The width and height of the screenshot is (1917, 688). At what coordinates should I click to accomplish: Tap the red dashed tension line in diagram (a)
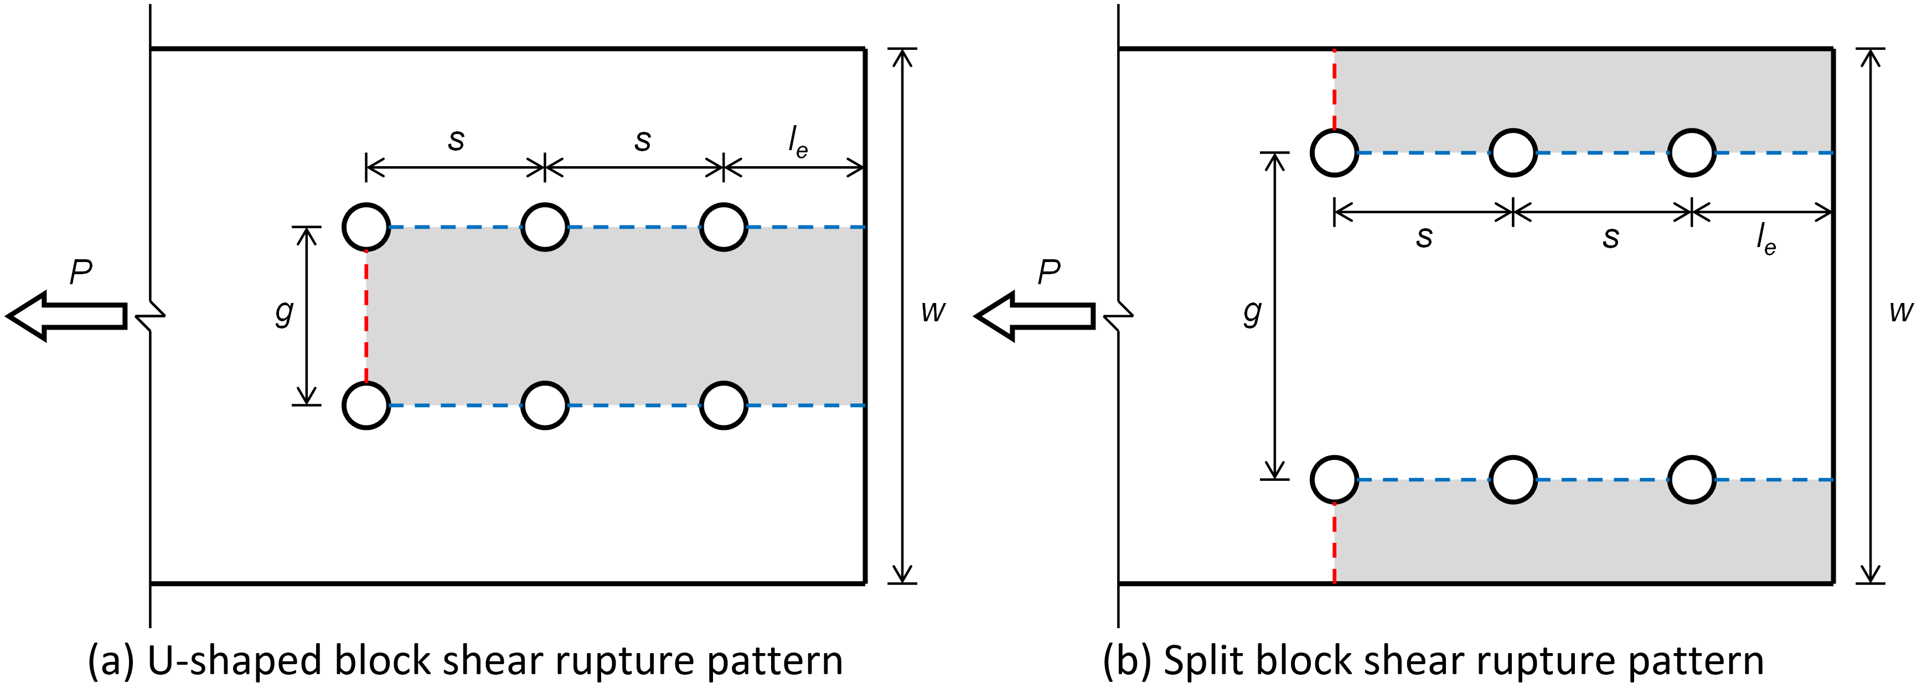(x=366, y=316)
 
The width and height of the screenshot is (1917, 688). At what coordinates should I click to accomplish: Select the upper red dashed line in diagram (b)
(x=1334, y=89)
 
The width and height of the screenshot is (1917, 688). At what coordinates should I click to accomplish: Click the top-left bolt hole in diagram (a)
(x=366, y=227)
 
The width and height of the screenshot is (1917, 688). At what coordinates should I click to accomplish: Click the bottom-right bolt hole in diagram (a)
(x=724, y=405)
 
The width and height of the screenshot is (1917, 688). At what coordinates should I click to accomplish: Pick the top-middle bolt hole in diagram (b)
(x=1512, y=153)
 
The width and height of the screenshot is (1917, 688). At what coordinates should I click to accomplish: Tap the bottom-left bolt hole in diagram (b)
(x=1334, y=480)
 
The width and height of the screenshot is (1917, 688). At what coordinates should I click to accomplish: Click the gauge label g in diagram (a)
(x=283, y=313)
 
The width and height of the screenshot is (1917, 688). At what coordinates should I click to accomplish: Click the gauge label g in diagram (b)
(x=1252, y=313)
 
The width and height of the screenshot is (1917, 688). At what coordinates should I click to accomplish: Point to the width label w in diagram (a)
(x=932, y=311)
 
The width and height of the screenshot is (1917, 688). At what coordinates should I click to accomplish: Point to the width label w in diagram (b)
(x=1900, y=311)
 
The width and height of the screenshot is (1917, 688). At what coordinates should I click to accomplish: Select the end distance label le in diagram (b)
(x=1765, y=240)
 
